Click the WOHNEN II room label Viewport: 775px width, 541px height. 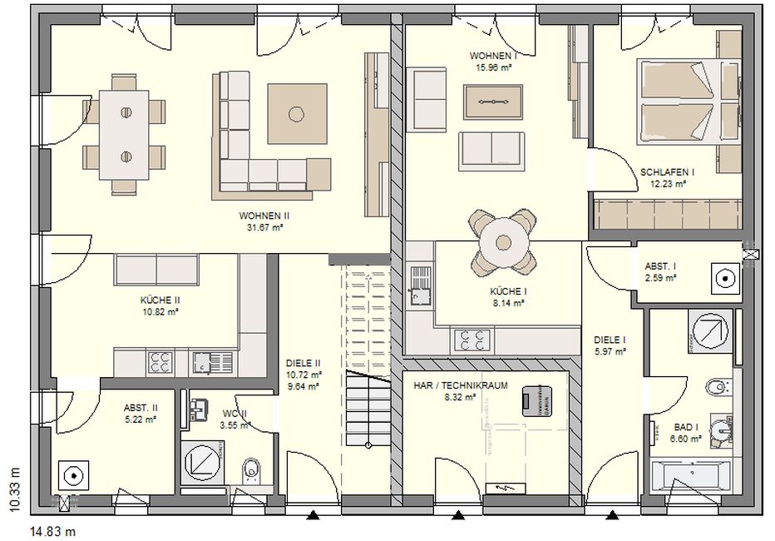click(x=264, y=216)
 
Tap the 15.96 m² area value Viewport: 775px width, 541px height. click(x=493, y=67)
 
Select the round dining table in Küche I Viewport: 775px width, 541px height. click(x=504, y=243)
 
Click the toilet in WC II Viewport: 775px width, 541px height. click(x=252, y=470)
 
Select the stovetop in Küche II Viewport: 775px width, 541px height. click(x=160, y=362)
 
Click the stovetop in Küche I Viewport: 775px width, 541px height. click(x=471, y=340)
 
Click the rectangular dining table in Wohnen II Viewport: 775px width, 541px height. click(x=124, y=135)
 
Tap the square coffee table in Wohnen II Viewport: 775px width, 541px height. click(x=297, y=114)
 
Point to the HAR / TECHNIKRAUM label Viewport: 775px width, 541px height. click(x=461, y=385)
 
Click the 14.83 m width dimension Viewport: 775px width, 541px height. click(x=53, y=532)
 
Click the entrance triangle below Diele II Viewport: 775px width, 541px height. click(x=312, y=516)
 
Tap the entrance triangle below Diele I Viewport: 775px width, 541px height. click(x=613, y=516)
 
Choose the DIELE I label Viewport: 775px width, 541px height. click(x=610, y=340)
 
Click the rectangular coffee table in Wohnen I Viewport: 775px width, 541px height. click(x=493, y=102)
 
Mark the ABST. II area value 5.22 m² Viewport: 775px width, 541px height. click(x=141, y=419)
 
